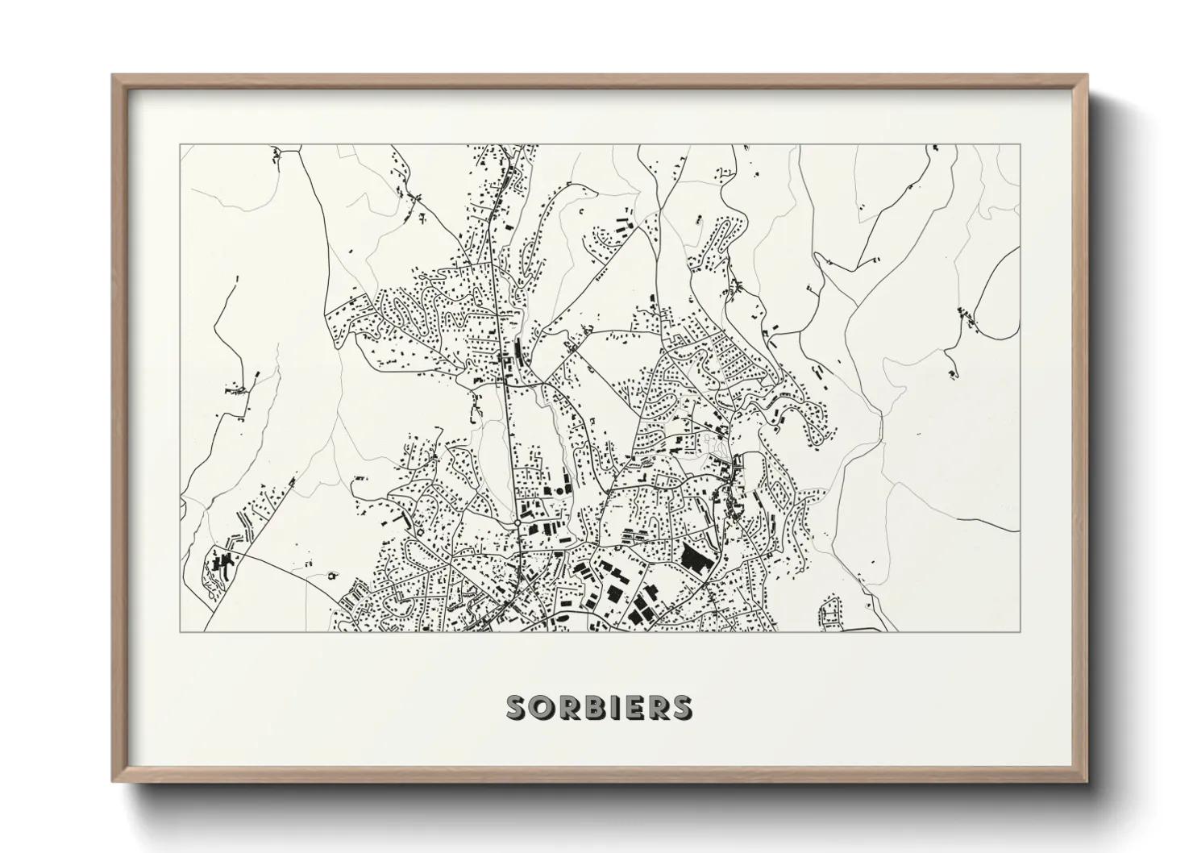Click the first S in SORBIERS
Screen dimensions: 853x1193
tap(516, 707)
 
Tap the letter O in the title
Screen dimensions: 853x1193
tap(539, 707)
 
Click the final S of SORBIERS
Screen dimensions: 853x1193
tap(681, 707)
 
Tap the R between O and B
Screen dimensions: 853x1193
tap(563, 707)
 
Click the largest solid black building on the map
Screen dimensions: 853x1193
tap(693, 557)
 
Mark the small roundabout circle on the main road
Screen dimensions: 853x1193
tap(517, 522)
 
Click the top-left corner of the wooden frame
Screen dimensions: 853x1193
tap(113, 76)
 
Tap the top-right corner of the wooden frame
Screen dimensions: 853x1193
tap(1087, 76)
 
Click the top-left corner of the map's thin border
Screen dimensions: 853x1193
tap(181, 145)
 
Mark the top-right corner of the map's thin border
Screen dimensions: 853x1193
tap(1020, 145)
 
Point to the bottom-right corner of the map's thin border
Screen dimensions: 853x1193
tap(1020, 631)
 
